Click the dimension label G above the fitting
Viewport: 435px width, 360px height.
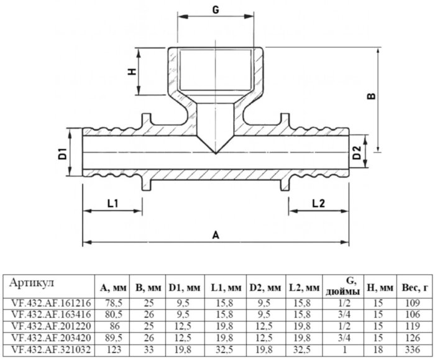[216, 10]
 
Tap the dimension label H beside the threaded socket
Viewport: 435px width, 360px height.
[132, 72]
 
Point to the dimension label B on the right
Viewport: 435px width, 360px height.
[371, 96]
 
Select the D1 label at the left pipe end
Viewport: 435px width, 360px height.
[63, 154]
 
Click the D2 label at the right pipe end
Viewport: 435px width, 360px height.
[357, 153]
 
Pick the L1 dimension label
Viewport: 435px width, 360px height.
[113, 203]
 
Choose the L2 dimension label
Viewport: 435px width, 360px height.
[318, 203]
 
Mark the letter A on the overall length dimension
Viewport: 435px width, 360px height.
[216, 236]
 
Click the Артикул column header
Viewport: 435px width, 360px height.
[31, 283]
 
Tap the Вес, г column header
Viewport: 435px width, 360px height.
[414, 288]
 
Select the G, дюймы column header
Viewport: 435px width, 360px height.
[344, 287]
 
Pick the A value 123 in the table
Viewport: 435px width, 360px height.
[114, 349]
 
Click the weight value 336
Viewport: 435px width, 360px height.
[413, 349]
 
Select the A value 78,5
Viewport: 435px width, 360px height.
[114, 303]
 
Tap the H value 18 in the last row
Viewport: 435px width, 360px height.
[378, 349]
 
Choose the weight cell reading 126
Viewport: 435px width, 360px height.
[413, 338]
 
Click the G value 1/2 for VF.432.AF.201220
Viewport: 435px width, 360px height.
[344, 326]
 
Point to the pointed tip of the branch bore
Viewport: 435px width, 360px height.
[216, 154]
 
